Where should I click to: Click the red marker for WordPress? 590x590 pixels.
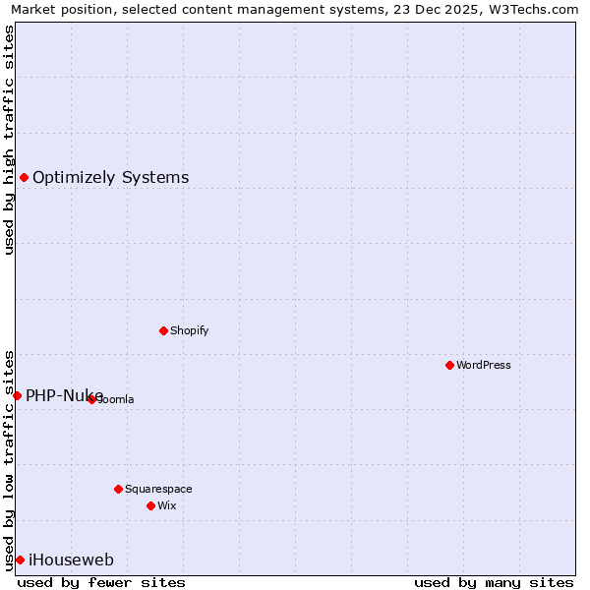coord(449,365)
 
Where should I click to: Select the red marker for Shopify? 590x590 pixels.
coord(163,330)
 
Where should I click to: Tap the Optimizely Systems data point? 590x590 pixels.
coord(24,177)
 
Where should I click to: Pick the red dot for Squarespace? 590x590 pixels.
coord(118,489)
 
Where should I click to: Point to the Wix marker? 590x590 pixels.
coord(150,505)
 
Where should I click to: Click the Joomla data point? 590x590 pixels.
coord(91,399)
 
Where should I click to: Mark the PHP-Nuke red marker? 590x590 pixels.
coord(17,395)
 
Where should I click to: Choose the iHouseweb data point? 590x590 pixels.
coord(20,560)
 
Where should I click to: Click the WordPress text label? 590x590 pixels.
coord(484,365)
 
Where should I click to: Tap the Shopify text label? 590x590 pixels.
coord(190,330)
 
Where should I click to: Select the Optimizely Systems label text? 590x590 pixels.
coord(111,178)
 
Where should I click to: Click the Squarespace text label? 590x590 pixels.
coord(158,489)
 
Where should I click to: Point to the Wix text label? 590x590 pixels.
coord(167,505)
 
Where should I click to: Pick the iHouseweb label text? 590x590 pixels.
coord(72,560)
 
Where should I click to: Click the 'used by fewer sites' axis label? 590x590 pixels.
coord(101,582)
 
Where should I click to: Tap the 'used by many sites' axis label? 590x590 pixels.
coord(494,582)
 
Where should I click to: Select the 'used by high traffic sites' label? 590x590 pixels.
coord(9,140)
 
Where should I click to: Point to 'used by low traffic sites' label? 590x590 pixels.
coord(9,459)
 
